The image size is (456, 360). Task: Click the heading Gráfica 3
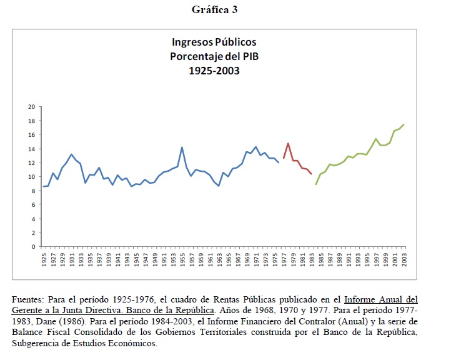coord(214,9)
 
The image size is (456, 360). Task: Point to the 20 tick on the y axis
coord(31,107)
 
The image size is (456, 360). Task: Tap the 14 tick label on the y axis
coord(31,149)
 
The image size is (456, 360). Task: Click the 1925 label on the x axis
coord(44,259)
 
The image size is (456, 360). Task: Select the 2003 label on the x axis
coord(404,259)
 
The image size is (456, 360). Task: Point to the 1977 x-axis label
coord(284,259)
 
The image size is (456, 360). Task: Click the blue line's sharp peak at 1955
coord(182,147)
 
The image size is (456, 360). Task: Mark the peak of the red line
coord(288,144)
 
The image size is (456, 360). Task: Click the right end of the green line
coord(404,124)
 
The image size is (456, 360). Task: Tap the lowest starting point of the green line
coord(316,184)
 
